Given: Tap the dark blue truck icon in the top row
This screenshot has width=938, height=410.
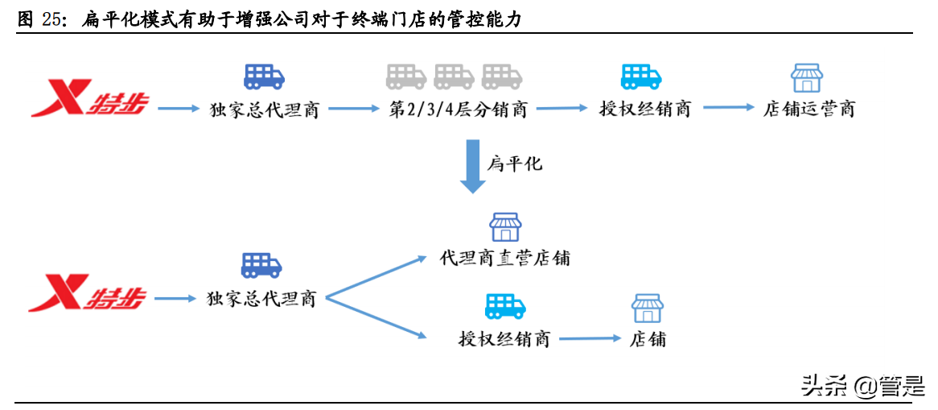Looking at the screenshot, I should [x=264, y=77].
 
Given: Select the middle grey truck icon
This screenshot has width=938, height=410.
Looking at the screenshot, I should [x=455, y=77].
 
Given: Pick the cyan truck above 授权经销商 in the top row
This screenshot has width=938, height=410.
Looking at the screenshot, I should [x=641, y=77].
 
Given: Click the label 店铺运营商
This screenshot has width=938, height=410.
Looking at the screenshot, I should [x=808, y=110].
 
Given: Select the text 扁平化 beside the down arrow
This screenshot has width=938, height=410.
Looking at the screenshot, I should [x=515, y=164].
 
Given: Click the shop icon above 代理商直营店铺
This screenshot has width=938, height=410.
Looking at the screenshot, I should [x=505, y=227].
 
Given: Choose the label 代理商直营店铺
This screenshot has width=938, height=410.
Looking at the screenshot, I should [x=505, y=258].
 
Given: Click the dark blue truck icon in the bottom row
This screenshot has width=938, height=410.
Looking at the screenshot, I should [x=261, y=265].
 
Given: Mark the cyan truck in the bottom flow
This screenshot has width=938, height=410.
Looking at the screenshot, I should [x=505, y=306].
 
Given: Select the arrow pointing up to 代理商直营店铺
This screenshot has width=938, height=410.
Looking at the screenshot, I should [x=375, y=277].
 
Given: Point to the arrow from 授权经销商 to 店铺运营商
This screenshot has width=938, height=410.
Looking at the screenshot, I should [x=726, y=108].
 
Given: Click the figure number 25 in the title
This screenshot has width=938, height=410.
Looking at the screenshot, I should [x=51, y=21].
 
